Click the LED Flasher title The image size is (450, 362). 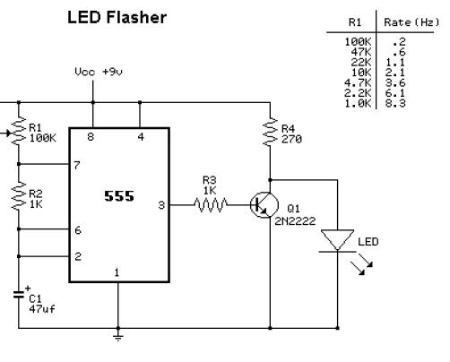tap(117, 17)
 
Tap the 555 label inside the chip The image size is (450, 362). tap(119, 196)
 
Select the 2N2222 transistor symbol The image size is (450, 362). tap(264, 205)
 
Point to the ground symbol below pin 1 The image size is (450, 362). tap(118, 338)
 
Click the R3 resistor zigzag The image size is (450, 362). tap(211, 205)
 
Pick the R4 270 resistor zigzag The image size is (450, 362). tap(270, 132)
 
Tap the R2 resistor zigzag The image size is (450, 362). tap(19, 196)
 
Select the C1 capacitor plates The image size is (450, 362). tap(19, 295)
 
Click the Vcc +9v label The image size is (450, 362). tap(99, 72)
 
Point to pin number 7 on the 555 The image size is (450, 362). tap(77, 165)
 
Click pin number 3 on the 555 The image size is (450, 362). tap(161, 205)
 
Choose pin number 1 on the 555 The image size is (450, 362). tap(117, 272)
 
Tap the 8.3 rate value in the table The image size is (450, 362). tap(394, 103)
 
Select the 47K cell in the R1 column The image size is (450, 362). tap(361, 52)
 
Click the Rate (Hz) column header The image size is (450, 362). tap(411, 22)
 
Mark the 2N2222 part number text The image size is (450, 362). tap(295, 221)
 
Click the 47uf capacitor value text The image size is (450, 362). tap(42, 308)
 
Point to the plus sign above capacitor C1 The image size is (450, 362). tap(28, 289)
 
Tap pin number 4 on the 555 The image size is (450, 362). tap(141, 137)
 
